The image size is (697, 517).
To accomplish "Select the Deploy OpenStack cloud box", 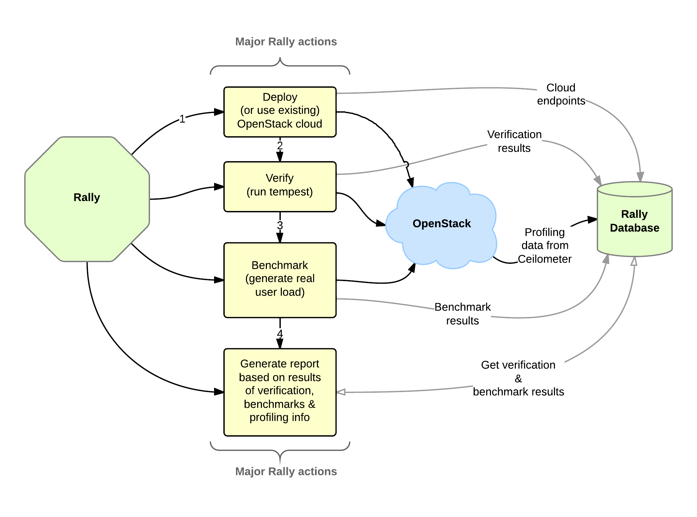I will pos(280,112).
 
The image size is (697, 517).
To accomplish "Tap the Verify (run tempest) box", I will pos(280,186).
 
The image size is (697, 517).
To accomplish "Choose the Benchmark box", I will pos(280,280).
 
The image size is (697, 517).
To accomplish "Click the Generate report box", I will pos(280,392).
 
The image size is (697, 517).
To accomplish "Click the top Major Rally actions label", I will pos(286,42).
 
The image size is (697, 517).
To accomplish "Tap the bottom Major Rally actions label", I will pos(286,471).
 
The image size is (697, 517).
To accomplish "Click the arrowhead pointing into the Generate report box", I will pos(341,392).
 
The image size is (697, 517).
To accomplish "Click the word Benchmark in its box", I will pos(280,265).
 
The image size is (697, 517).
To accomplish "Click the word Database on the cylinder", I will pos(635,228).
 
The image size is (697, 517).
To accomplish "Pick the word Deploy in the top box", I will pos(280,97).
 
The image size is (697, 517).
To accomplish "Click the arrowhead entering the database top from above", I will pos(640,176).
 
